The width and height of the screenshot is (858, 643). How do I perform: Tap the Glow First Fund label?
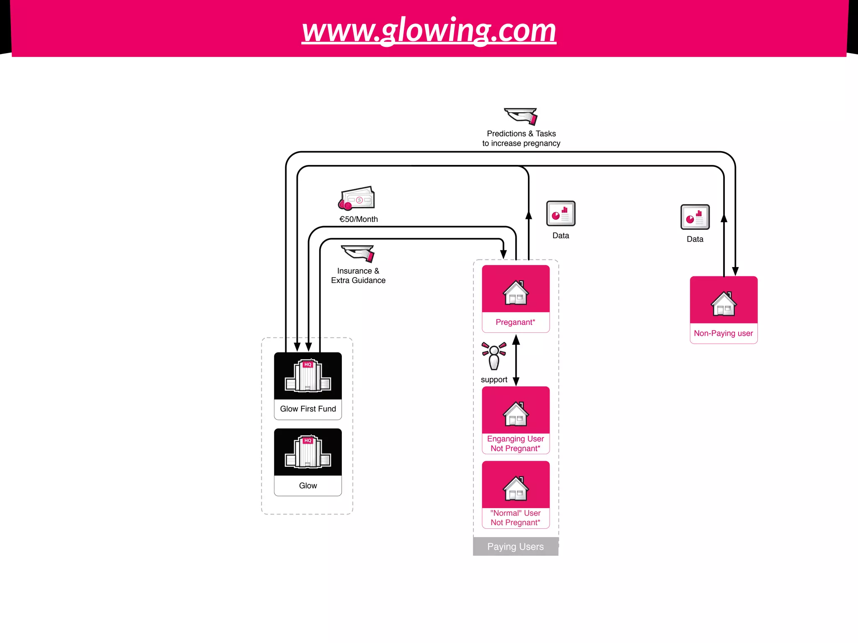[x=308, y=409]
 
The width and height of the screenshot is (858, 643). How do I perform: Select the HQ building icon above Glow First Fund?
[x=308, y=376]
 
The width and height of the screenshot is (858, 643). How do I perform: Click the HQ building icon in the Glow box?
[x=308, y=452]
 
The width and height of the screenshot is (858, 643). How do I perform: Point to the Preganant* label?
[x=515, y=322]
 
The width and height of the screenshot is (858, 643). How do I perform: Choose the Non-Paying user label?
[x=724, y=334]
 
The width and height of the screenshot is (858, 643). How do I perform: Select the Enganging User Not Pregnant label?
[x=515, y=444]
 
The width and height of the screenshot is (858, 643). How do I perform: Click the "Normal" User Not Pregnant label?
[x=515, y=518]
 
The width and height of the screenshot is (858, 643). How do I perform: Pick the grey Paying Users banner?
[x=515, y=547]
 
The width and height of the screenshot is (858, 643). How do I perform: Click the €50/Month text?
[x=359, y=219]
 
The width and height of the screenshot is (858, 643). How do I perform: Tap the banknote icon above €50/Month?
[x=357, y=198]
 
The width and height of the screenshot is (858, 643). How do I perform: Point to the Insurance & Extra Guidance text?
[x=358, y=276]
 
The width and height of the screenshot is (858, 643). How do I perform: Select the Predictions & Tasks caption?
[x=521, y=139]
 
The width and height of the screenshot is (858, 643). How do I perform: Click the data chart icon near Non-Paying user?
[x=695, y=217]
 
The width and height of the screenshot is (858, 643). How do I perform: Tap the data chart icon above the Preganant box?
[x=561, y=213]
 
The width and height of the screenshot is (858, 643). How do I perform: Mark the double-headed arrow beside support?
[x=516, y=360]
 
